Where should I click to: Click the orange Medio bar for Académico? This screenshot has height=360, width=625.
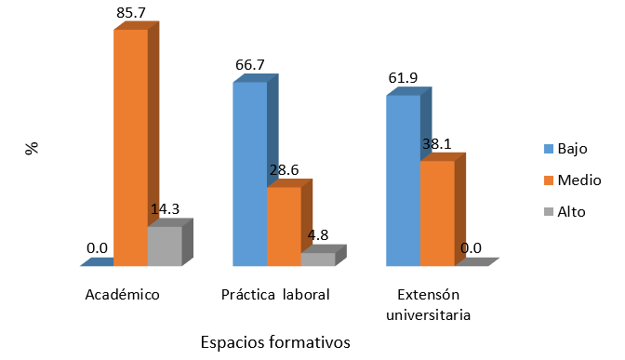130,149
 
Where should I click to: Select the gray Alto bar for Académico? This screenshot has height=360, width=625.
165,247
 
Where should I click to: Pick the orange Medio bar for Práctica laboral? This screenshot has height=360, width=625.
284,227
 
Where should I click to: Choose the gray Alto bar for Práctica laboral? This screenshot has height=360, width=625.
317,260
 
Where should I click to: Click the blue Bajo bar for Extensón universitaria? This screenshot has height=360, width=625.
402,180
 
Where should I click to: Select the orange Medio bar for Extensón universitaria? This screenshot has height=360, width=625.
436,214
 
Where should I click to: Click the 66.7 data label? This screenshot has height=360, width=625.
249,67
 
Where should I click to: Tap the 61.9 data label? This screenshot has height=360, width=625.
404,78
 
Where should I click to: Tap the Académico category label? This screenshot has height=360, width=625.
122,295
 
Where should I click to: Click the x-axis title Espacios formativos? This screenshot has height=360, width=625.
274,342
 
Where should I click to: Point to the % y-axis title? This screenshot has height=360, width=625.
33,147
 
